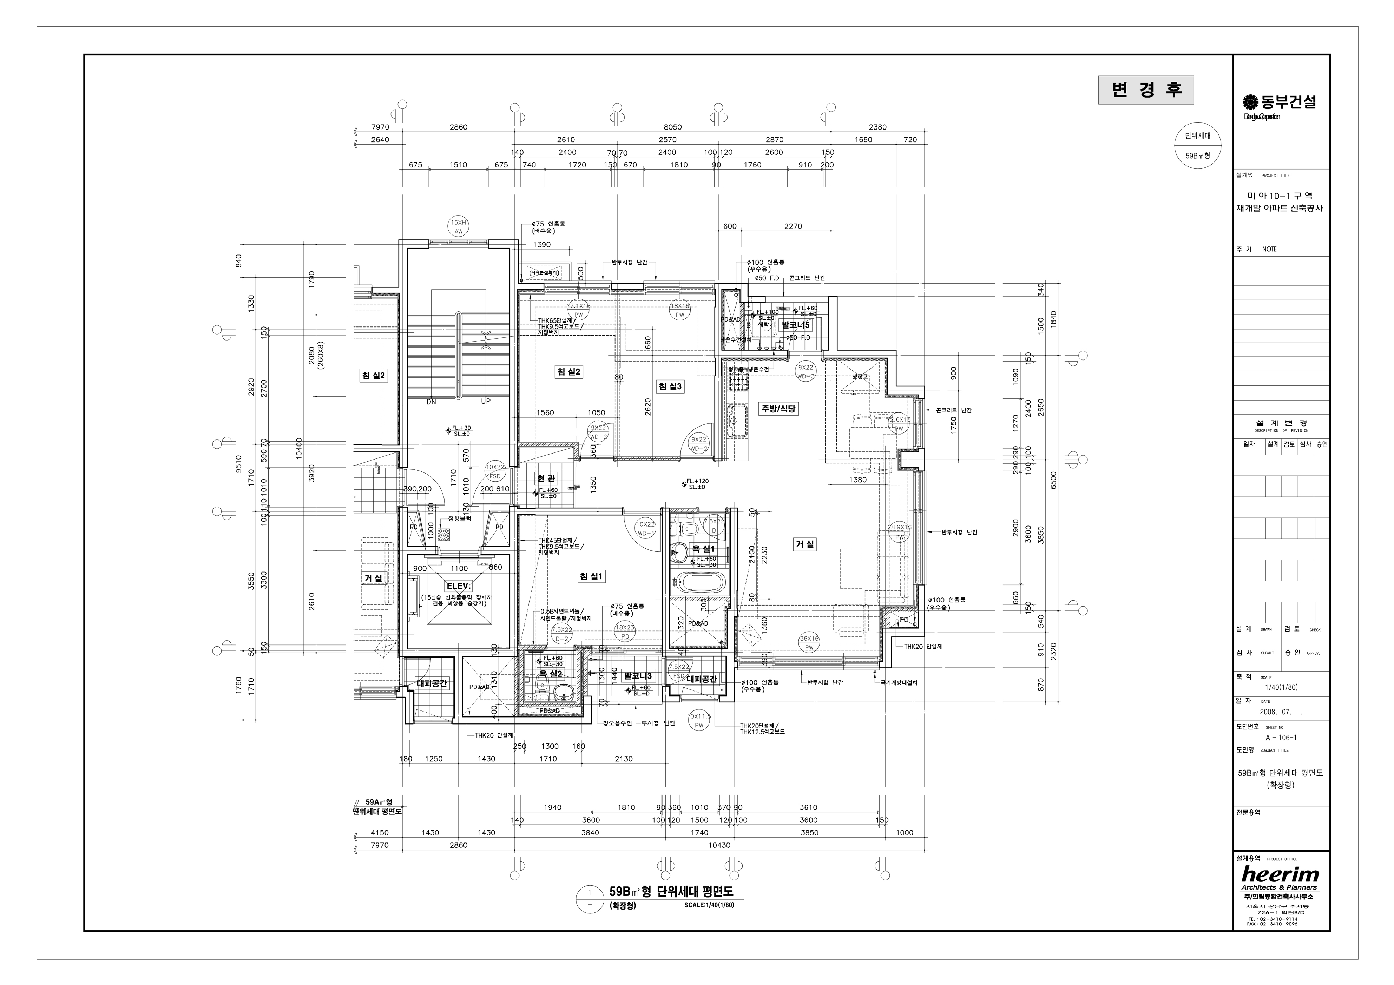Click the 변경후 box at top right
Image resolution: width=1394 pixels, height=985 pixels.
click(x=1146, y=90)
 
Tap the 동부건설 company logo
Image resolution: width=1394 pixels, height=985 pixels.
click(x=1279, y=103)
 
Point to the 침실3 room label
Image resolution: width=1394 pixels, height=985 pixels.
click(x=670, y=386)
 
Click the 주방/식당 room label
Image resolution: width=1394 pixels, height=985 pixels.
click(x=778, y=409)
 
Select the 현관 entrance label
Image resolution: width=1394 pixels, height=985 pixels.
click(x=546, y=478)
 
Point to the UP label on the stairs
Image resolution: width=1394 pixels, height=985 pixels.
click(x=486, y=401)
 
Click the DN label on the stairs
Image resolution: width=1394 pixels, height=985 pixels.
click(x=431, y=401)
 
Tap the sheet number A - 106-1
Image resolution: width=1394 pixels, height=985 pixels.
click(x=1281, y=738)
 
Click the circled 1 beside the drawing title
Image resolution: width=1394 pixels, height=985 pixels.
click(x=588, y=893)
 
